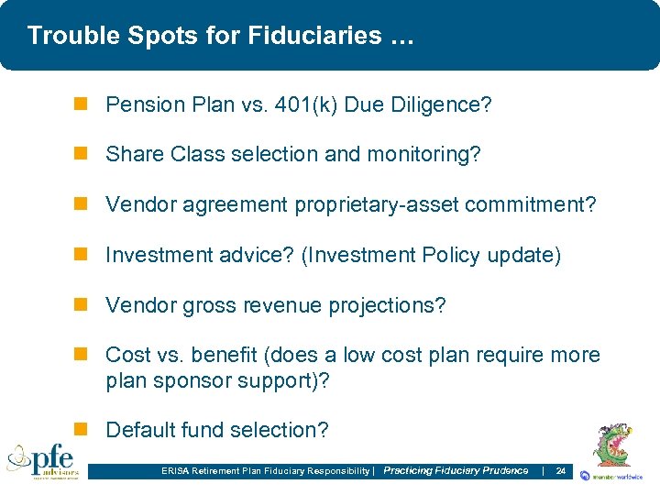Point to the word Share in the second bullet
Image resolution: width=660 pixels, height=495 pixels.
(135, 155)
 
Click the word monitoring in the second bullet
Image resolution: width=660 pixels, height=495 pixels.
(423, 155)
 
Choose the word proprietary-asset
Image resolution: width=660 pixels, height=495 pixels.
(377, 205)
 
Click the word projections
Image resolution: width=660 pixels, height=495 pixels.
(390, 305)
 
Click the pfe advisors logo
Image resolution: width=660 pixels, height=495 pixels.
(43, 461)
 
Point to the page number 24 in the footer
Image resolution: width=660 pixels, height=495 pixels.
(561, 471)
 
